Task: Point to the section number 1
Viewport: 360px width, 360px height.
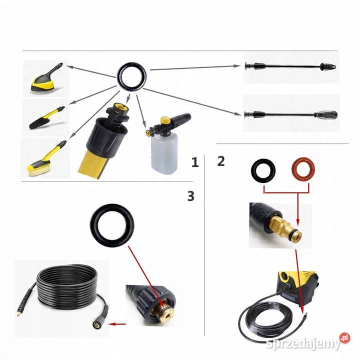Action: tap(195, 162)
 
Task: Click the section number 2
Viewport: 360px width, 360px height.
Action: tap(221, 161)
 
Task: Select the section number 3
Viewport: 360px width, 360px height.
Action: tap(191, 196)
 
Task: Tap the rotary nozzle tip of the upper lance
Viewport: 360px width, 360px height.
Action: tap(328, 66)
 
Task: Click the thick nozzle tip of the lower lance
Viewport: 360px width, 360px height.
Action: tap(326, 114)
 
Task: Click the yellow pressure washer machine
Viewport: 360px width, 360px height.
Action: tap(298, 284)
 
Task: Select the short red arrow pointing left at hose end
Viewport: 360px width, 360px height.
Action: tap(117, 324)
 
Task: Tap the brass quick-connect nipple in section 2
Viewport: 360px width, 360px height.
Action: tap(284, 227)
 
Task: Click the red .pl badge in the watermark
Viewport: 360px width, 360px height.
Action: tap(344, 337)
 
